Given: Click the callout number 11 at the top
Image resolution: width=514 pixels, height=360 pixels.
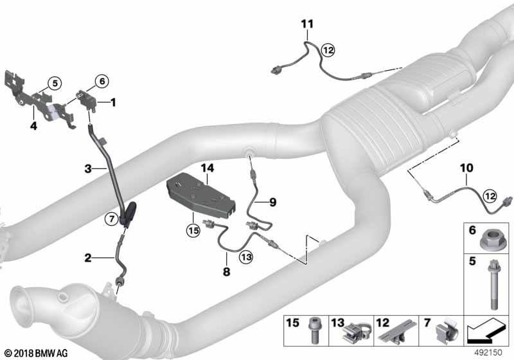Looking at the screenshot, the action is pos(307,24).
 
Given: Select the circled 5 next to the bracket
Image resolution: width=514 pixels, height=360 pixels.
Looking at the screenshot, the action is pos(55,84).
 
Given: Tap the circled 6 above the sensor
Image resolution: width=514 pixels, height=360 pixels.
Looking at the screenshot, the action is pos(102,80).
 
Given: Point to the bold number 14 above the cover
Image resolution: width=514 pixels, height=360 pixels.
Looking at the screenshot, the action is pos(207,168).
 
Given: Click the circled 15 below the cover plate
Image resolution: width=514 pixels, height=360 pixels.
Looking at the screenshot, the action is pos(193,231).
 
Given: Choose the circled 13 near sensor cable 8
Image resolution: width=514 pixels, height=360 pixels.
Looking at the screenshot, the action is pos(246,256).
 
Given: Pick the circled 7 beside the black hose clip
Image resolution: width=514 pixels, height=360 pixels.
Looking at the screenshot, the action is pos(112,219).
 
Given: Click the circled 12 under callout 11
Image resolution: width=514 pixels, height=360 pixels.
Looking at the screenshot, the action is pos(328,50).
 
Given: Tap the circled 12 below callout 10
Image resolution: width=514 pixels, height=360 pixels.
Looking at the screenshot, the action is pos(490,196).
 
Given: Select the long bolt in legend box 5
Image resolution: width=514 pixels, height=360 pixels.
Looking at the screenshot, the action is pos(492,284).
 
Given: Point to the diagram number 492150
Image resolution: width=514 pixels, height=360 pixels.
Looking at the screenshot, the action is pos(488,352).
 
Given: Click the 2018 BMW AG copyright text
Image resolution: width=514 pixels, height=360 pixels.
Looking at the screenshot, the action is pos(37,353).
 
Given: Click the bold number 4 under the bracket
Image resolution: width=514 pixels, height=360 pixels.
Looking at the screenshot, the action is pos(33,125).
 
